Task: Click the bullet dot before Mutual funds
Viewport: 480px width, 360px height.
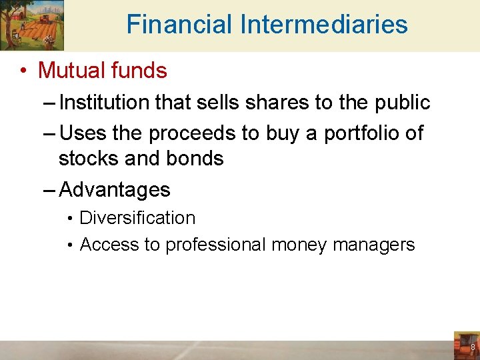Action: [23, 71]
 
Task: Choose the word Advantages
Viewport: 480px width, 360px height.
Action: [115, 190]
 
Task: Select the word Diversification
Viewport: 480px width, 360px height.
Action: [137, 218]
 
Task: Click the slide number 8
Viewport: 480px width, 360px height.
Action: [473, 348]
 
